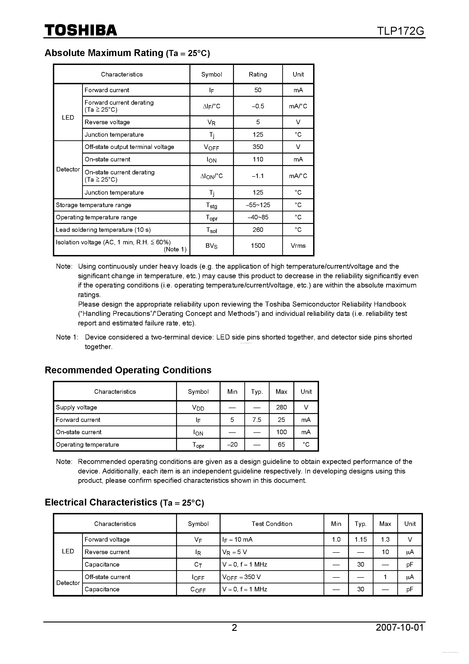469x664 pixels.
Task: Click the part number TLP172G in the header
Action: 400,31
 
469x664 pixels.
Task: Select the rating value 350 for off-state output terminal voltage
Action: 258,147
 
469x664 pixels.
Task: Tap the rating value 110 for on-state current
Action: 258,159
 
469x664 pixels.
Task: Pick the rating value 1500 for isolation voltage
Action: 258,245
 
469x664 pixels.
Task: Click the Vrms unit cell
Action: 298,245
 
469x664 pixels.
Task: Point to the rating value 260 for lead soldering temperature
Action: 258,230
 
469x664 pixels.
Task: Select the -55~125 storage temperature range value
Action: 258,205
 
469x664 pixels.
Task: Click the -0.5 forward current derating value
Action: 258,106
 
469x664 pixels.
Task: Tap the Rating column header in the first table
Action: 258,74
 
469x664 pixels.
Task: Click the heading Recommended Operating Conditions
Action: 128,370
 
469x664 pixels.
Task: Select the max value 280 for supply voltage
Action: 281,407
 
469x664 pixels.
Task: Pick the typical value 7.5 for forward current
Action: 257,420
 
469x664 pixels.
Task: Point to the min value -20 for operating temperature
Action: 232,444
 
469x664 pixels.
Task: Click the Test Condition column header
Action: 272,524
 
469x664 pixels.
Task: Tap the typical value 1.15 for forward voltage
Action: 361,539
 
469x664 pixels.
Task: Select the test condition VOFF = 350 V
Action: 241,577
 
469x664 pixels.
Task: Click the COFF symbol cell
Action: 198,589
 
